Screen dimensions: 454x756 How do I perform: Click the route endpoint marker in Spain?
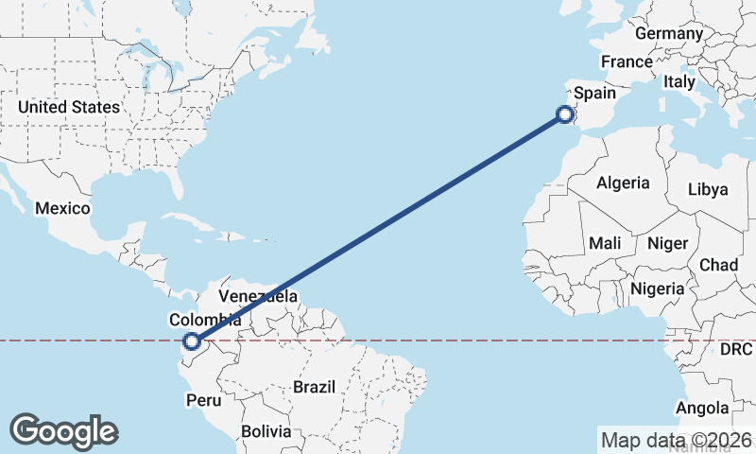pos(565,114)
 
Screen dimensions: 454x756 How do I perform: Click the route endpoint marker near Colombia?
pos(192,341)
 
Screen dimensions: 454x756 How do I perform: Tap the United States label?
pos(69,107)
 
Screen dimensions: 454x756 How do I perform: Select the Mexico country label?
pos(62,208)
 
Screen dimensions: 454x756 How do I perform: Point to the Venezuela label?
pos(258,296)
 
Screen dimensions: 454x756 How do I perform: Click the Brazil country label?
pos(315,387)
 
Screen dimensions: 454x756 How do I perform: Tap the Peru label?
pos(203,400)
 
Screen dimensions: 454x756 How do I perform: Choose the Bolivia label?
pos(266,431)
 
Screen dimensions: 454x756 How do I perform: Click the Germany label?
pos(669,33)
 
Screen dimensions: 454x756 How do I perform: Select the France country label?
pos(627,61)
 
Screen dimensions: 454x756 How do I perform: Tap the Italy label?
pos(679,82)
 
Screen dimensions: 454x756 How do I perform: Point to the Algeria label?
pos(623,183)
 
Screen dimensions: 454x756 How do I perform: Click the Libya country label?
pos(708,189)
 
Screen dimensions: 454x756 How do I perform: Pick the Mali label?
pos(605,243)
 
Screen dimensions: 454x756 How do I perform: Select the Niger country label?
pos(667,243)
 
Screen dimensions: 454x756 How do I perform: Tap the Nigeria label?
pos(657,288)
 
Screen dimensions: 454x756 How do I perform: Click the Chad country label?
pos(718,265)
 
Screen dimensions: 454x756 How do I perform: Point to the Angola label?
pos(702,408)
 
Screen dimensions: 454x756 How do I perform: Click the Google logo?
pos(63,431)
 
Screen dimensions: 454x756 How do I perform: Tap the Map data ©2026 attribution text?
pos(676,440)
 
